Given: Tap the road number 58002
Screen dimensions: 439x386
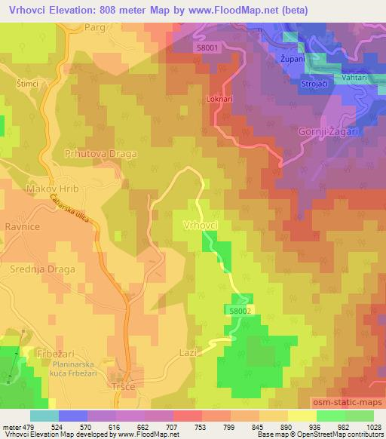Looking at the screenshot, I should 237,309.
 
